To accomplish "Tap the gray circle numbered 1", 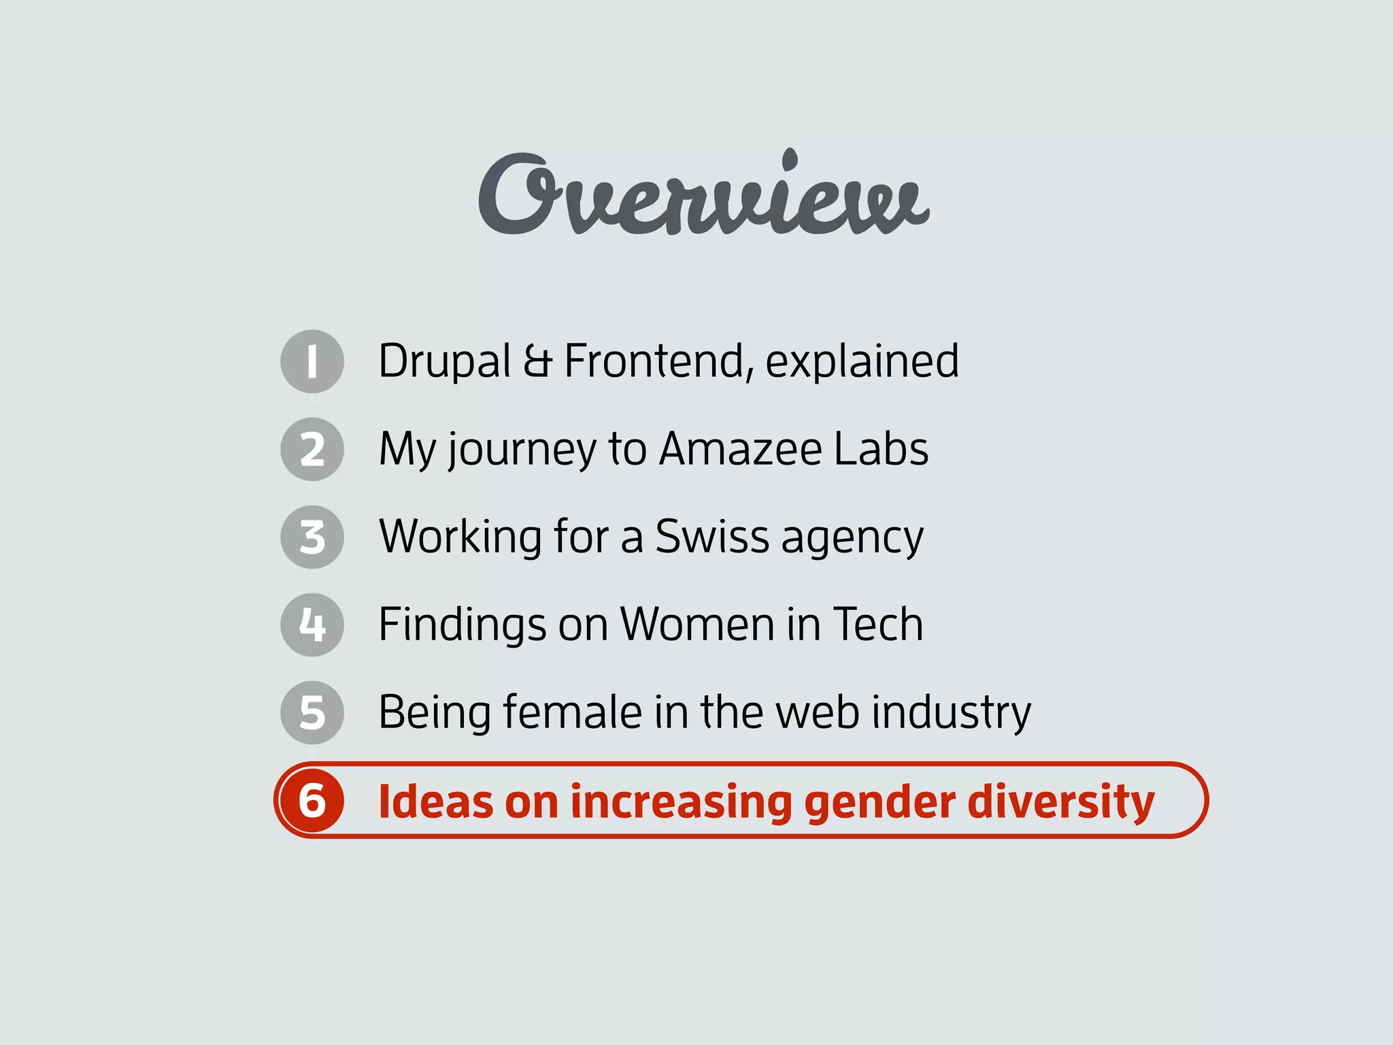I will pos(312,361).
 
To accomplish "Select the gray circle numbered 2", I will pos(312,449).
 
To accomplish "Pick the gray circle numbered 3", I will pos(312,537).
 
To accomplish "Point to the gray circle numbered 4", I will pos(312,625).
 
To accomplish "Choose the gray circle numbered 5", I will pos(312,712).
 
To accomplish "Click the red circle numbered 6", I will pos(312,800).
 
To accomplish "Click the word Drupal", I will pos(445,361).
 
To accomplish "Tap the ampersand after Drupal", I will pos(537,361).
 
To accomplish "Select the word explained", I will pos(862,361).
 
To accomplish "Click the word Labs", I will pos(881,449).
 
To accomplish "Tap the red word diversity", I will pos(1060,801).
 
